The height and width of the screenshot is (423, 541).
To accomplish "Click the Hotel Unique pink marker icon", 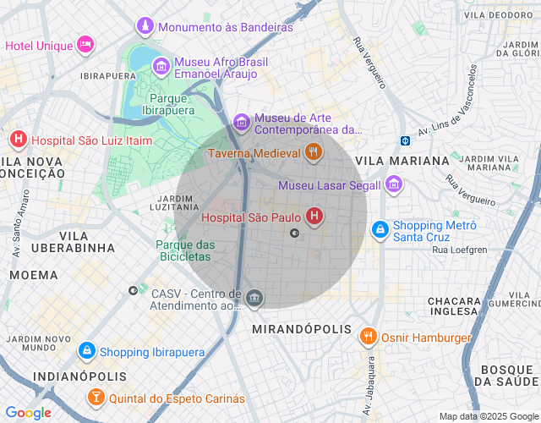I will tap(85, 44).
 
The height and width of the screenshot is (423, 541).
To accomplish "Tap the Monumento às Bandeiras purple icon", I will tap(146, 27).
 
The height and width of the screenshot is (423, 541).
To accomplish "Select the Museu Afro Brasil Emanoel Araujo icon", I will tap(161, 64).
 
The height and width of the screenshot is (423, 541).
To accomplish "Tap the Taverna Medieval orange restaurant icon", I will tap(314, 153).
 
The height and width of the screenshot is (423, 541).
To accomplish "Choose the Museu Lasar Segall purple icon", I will tap(393, 184).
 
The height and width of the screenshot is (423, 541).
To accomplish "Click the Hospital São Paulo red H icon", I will tap(314, 217).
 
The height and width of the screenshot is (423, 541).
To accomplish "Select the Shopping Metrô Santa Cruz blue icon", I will tap(380, 229).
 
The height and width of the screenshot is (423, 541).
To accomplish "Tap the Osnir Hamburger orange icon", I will tap(368, 337).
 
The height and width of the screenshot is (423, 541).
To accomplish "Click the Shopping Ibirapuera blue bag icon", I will tap(86, 351).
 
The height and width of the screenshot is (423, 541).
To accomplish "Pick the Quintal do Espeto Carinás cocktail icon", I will tap(97, 398).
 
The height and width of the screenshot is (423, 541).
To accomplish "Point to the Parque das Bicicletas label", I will tap(185, 250).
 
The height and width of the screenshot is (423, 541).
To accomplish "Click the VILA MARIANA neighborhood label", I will tap(402, 161).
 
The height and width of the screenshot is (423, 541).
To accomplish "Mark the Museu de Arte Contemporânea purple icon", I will tap(243, 124).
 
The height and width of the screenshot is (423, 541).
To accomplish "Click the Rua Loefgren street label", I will tap(459, 250).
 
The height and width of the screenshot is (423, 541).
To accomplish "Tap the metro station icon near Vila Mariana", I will tap(406, 140).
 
